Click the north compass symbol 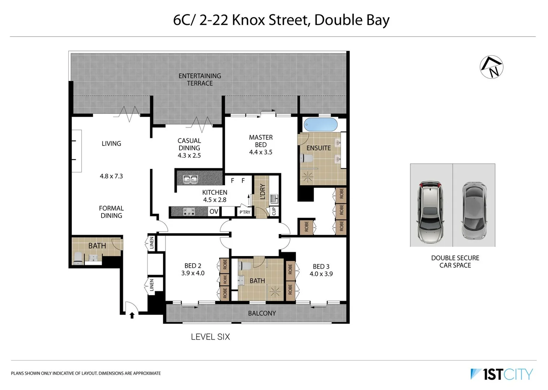click(x=491, y=67)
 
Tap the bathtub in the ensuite click(x=320, y=125)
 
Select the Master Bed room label click(x=261, y=141)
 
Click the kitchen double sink click(x=190, y=179)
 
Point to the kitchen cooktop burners click(x=189, y=211)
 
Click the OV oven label click(x=214, y=211)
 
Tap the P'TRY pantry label click(x=245, y=212)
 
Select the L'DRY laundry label click(x=263, y=191)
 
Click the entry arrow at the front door click(x=132, y=315)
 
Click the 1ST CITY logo click(x=502, y=374)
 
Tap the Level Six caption click(x=210, y=337)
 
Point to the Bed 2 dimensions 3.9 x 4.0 click(x=193, y=273)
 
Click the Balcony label click(x=262, y=313)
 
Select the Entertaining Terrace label click(x=200, y=79)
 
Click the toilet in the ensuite click(x=307, y=158)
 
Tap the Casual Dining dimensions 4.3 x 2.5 click(x=189, y=156)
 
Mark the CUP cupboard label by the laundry click(x=274, y=211)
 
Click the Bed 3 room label click(x=321, y=266)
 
